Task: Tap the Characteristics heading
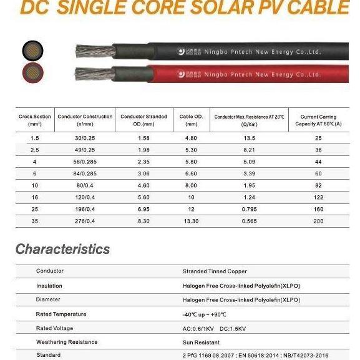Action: click(x=62, y=249)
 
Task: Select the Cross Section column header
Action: click(x=35, y=120)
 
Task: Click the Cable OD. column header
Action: click(x=191, y=120)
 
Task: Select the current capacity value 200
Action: click(x=318, y=220)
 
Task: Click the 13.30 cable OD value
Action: click(x=191, y=220)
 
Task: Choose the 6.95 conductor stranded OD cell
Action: click(x=143, y=208)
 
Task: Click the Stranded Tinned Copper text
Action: click(x=215, y=271)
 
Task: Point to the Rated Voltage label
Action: click(x=55, y=328)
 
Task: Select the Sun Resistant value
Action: click(x=201, y=342)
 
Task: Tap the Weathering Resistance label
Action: click(x=67, y=342)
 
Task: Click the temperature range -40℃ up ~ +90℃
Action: click(x=205, y=314)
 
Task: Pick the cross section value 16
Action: click(x=35, y=197)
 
